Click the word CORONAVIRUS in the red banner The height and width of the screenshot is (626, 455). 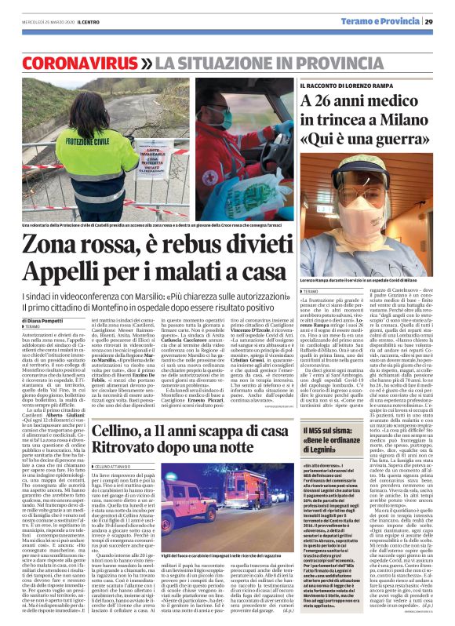74,61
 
